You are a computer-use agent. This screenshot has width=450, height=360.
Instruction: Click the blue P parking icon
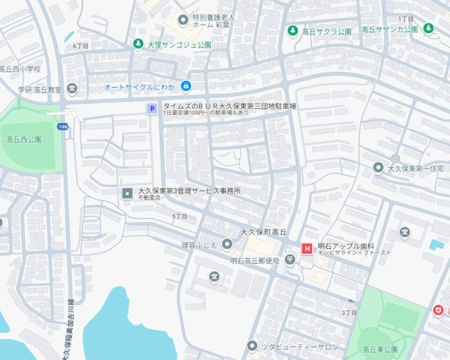point(151,109)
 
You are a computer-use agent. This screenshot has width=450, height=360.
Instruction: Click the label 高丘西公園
point(23,139)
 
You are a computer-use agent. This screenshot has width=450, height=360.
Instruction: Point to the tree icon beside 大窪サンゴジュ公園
point(137,44)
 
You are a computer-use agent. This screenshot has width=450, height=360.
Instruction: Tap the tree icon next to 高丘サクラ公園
point(292,31)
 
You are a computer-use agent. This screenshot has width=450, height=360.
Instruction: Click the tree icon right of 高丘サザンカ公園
point(428,28)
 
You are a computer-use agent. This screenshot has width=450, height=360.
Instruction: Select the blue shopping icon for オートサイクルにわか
point(185,86)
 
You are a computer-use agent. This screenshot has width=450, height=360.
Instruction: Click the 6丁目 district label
point(80,46)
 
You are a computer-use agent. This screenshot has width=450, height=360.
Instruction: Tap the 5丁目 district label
point(178,216)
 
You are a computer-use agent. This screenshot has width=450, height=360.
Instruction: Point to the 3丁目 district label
point(349,312)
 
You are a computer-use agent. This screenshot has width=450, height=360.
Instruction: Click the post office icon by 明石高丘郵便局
point(289,260)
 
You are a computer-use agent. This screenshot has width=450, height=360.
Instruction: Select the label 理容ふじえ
point(199,244)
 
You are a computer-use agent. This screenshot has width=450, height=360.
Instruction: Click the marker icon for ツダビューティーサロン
point(252,346)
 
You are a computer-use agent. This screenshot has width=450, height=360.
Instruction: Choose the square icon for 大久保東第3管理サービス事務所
point(127,194)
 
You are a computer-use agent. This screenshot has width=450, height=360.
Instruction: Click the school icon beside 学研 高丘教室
point(72,88)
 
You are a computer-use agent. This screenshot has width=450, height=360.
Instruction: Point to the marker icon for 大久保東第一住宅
point(378,166)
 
